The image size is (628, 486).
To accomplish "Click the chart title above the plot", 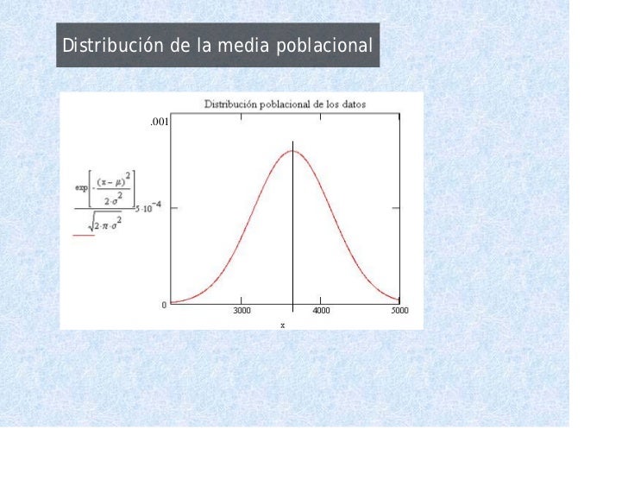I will [x=284, y=104].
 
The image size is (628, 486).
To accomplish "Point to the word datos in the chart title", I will [x=352, y=104].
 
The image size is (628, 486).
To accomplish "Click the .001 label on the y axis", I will [x=159, y=123].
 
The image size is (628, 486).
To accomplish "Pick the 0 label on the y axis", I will [x=164, y=305].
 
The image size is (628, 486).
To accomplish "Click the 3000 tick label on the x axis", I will [x=241, y=311].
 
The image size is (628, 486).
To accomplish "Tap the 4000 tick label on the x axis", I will [x=321, y=311].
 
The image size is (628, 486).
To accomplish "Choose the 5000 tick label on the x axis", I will [x=399, y=311].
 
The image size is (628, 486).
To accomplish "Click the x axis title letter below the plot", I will [x=281, y=325].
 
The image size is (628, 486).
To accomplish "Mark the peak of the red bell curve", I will [x=292, y=152].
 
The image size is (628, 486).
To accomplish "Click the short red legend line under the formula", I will [x=83, y=234].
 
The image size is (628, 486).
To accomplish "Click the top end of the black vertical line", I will [x=292, y=141].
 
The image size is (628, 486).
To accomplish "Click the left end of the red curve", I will [x=172, y=302].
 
